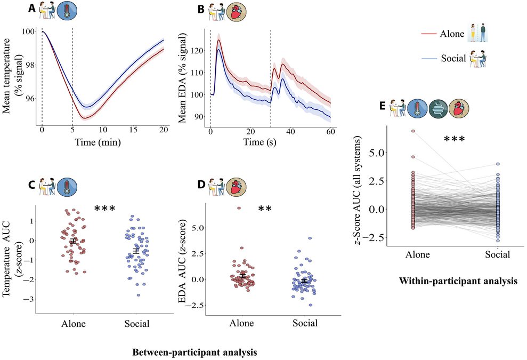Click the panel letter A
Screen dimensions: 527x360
31,9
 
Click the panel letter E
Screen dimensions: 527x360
382,106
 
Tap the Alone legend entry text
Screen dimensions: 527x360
452,34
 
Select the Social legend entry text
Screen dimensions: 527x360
453,58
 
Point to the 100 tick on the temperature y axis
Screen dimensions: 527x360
28,31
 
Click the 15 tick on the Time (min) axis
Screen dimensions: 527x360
133,130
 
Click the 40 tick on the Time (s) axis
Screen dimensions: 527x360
290,131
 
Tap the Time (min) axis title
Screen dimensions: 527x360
98,142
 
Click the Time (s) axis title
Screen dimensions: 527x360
260,142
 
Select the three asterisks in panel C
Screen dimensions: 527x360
105,209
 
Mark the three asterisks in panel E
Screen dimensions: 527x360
455,139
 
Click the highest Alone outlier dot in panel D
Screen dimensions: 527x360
239,208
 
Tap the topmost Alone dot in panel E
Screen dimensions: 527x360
413,131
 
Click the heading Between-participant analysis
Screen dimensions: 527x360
194,352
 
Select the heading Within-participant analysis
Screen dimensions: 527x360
458,281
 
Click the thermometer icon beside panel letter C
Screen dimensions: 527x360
67,187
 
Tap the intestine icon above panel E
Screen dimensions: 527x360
438,109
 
